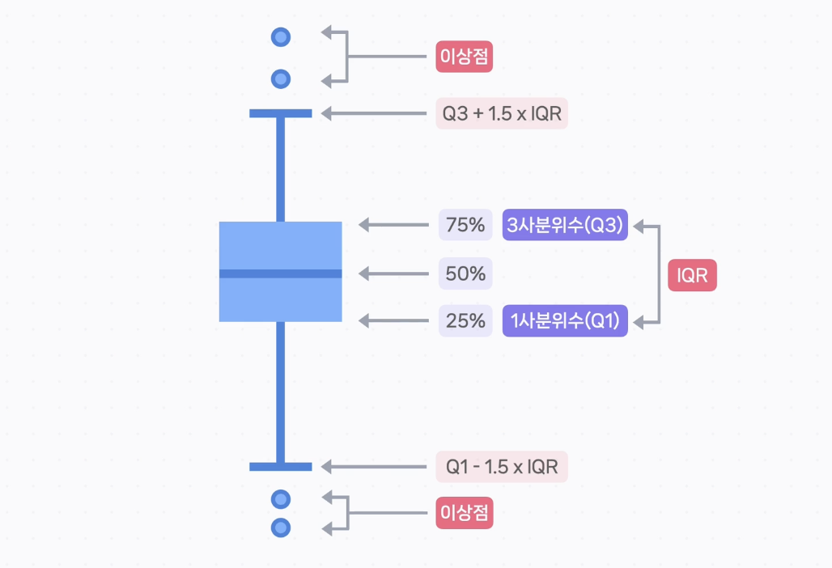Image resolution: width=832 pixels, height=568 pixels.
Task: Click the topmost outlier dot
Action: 281,36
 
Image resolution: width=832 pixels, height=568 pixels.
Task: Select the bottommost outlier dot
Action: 281,528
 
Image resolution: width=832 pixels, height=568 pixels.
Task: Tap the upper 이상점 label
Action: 465,57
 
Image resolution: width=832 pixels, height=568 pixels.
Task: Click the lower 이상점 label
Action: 465,513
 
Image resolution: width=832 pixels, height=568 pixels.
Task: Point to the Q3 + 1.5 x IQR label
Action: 502,113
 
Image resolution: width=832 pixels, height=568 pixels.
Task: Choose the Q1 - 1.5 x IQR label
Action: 502,467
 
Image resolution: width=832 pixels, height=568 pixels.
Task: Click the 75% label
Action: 465,225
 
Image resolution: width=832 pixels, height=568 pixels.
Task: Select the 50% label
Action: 465,273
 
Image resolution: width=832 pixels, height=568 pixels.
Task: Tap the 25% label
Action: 465,321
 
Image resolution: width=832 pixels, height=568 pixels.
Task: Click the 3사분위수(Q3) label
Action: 565,225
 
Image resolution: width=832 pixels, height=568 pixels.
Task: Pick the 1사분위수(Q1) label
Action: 565,321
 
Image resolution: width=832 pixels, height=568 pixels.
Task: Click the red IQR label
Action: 692,276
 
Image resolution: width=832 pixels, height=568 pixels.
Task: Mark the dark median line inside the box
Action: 281,273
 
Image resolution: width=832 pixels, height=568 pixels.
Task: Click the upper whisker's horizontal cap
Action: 281,113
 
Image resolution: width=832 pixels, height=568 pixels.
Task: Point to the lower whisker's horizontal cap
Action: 281,467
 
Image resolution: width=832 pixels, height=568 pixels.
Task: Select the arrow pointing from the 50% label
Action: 393,273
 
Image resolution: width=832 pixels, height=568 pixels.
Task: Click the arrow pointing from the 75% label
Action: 393,225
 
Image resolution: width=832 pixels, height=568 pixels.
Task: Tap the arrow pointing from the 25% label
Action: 393,321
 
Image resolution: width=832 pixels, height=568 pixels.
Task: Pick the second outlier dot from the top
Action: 281,78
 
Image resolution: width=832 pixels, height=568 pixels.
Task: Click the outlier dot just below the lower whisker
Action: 281,498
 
